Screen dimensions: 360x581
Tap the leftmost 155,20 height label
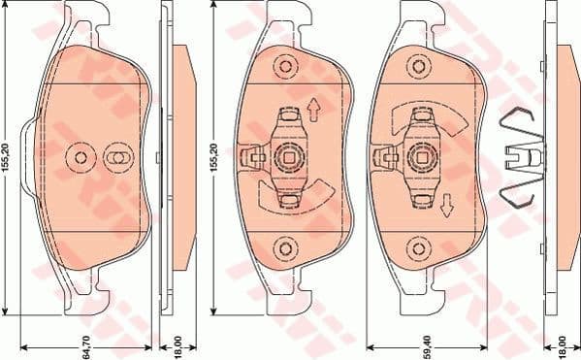(7, 154)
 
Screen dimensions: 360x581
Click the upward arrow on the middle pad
(314, 112)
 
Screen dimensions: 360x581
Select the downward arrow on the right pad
(448, 205)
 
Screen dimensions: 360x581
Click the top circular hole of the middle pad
(285, 66)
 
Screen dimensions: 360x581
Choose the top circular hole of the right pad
(424, 66)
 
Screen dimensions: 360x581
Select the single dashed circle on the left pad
(80, 156)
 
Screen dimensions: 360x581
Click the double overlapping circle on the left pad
(115, 156)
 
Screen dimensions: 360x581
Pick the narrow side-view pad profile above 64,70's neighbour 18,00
(176, 155)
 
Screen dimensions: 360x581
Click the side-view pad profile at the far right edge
(564, 155)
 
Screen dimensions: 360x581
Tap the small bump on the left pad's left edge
(32, 142)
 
